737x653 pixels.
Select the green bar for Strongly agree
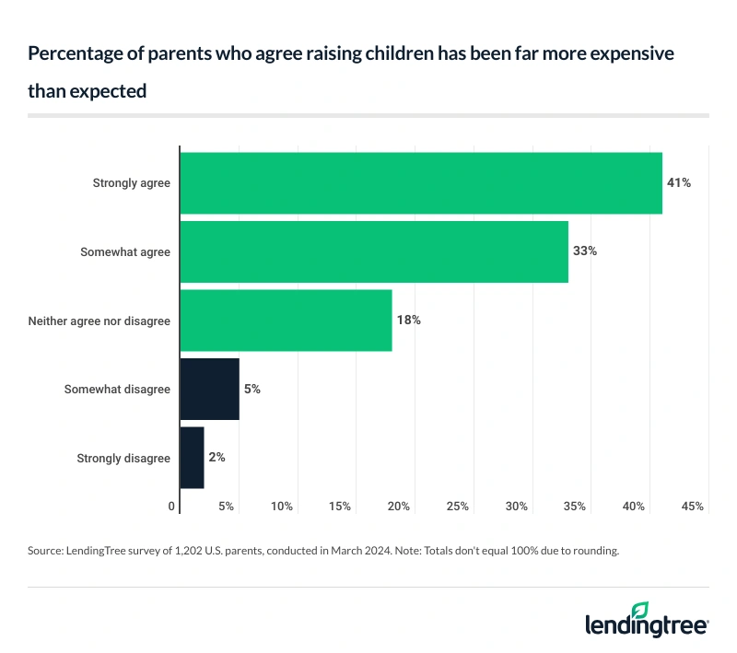421,183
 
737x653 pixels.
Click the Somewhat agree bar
374,251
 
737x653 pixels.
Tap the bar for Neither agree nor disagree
286,321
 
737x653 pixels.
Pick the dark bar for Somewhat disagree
209,389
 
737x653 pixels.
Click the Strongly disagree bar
192,457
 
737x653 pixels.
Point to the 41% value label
678,183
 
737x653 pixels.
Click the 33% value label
584,251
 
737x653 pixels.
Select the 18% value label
408,321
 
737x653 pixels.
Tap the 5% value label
252,389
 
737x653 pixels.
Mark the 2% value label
216,457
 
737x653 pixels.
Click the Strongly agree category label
131,183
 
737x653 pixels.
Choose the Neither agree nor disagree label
99,321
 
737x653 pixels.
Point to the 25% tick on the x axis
458,507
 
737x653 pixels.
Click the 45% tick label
693,507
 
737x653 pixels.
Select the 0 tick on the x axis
172,507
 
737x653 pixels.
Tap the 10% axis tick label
282,507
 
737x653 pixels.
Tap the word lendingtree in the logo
645,627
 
